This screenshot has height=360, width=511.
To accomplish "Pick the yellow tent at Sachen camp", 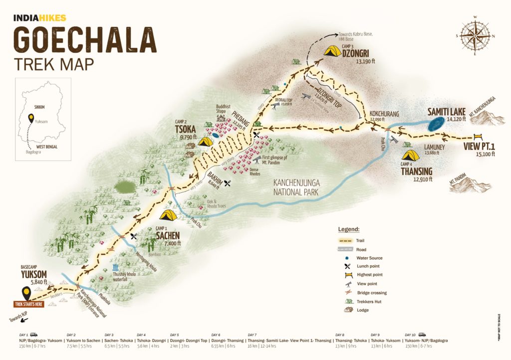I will coord(168,215).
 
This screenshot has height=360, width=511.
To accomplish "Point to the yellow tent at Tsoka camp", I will coord(206,142).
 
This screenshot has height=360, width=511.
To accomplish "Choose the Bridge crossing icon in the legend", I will coord(346,293).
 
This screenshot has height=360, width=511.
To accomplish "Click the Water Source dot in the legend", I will coord(346,258).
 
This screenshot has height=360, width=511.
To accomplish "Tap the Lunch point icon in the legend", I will coord(346,266).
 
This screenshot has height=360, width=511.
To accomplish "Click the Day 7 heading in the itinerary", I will coord(253,335).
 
